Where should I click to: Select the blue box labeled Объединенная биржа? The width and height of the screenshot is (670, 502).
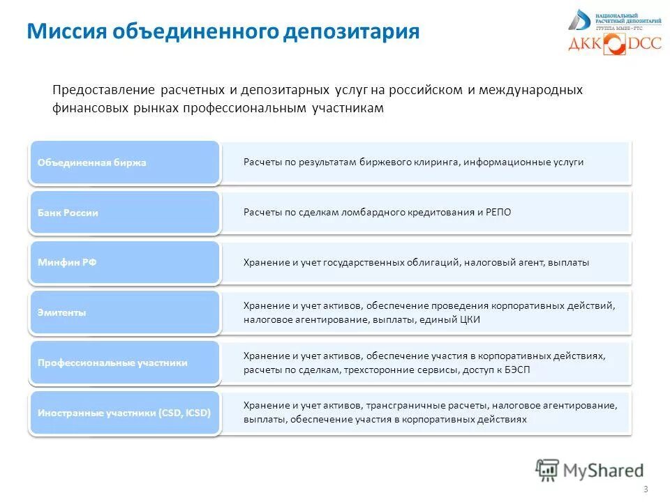(124, 162)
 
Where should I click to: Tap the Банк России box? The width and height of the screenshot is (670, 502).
(124, 213)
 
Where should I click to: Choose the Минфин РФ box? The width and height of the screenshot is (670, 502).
(124, 263)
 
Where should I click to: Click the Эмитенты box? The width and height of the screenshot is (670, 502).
(124, 313)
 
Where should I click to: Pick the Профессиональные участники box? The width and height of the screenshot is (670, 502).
(124, 363)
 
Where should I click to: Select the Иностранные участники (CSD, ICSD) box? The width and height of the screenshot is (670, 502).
(124, 413)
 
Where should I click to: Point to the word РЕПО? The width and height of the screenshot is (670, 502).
(498, 212)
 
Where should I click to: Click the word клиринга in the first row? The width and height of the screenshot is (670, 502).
(437, 162)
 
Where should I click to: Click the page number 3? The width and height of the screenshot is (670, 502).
(646, 488)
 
